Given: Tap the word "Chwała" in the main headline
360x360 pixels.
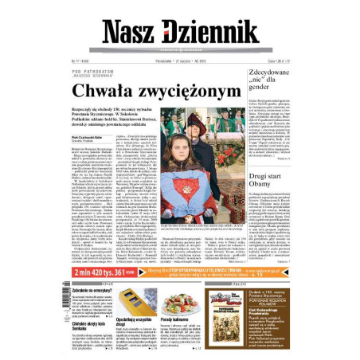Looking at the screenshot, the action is click(122, 92).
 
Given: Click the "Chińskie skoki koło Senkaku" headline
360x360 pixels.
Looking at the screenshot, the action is click(90, 325).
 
